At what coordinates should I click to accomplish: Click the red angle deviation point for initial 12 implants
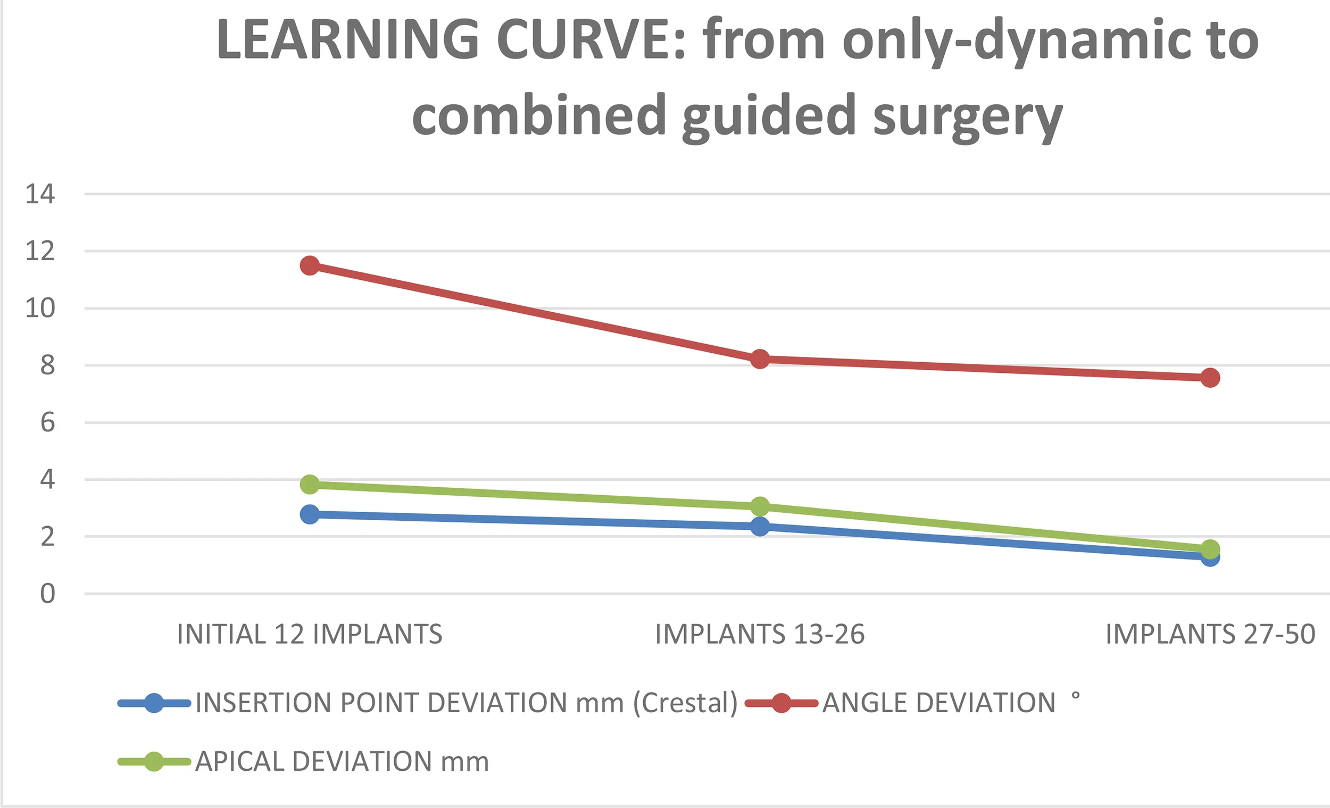point(310,265)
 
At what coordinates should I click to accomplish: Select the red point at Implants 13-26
point(760,359)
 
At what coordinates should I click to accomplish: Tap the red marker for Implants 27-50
point(1210,378)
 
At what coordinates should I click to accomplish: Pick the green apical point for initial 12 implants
point(310,484)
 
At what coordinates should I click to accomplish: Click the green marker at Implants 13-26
point(760,506)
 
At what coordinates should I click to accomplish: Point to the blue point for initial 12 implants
point(310,514)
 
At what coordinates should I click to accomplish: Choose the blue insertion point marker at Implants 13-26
point(760,526)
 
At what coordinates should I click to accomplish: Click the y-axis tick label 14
point(40,194)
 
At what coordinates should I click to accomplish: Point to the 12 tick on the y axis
point(40,251)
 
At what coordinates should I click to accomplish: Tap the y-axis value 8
point(47,365)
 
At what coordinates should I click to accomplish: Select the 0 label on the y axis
point(47,594)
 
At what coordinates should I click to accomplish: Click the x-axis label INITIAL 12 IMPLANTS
point(310,634)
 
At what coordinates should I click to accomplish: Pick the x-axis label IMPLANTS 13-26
point(760,634)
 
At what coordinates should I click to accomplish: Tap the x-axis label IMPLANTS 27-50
point(1210,634)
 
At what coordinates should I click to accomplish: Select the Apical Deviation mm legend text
point(342,762)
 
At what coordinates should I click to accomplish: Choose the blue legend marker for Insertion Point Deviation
point(154,703)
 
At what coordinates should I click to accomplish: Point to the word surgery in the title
point(967,116)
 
